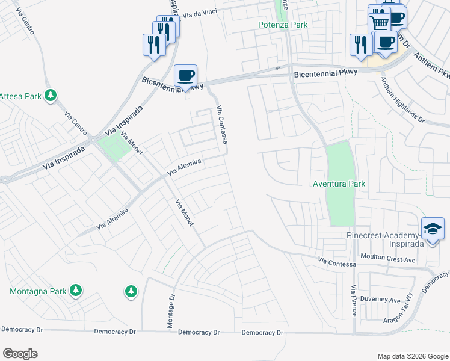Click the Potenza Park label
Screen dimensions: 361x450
point(283,25)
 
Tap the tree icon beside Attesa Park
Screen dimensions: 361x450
point(52,95)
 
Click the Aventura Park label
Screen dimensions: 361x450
point(339,184)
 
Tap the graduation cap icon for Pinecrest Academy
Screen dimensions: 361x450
point(433,229)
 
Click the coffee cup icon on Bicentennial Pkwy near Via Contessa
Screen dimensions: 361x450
point(186,76)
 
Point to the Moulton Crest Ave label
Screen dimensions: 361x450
point(388,260)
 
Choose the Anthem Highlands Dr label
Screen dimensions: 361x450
point(402,103)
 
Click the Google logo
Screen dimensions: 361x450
point(20,354)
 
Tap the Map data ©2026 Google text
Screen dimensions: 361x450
point(412,356)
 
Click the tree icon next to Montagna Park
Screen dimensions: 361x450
point(75,291)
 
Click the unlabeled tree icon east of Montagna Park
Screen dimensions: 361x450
point(131,292)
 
